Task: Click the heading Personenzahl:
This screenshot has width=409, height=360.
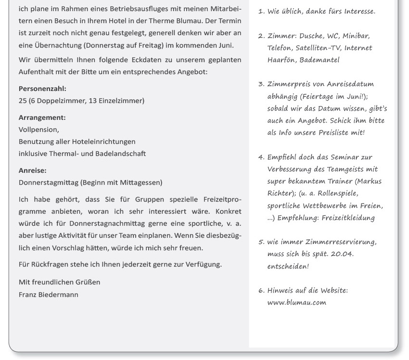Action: coord(42,89)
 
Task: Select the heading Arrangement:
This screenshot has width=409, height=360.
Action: coord(42,117)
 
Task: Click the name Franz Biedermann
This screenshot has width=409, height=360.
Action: coord(48,294)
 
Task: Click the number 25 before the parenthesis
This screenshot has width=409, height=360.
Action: coord(23,101)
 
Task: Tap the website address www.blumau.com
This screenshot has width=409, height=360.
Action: coord(296,302)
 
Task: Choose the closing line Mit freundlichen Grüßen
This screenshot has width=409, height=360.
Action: coord(59,282)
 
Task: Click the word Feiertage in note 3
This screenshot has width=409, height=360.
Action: coord(319,96)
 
